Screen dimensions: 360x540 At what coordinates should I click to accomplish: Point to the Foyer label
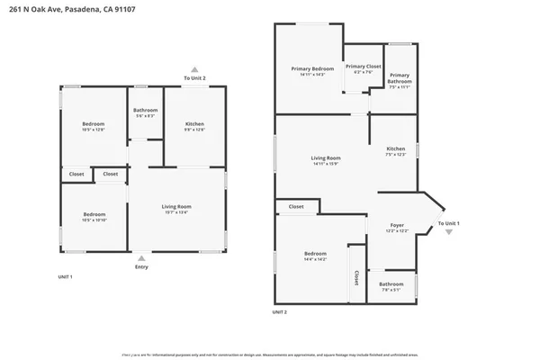(x=397, y=225)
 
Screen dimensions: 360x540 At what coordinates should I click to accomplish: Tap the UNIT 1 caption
(x=65, y=276)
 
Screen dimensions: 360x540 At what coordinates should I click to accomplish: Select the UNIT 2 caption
(x=279, y=311)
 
